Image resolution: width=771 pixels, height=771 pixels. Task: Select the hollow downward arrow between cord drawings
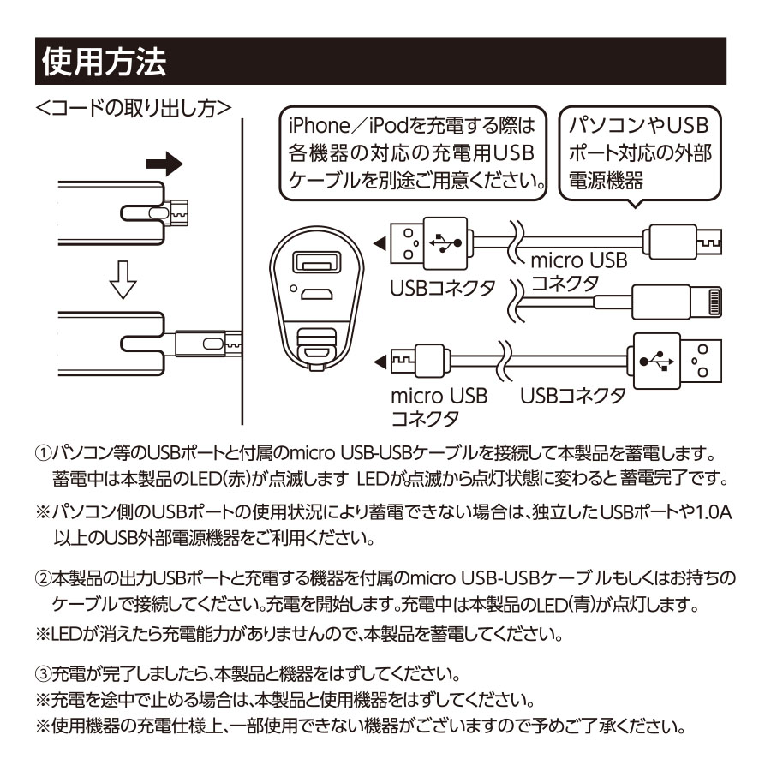(x=123, y=280)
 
